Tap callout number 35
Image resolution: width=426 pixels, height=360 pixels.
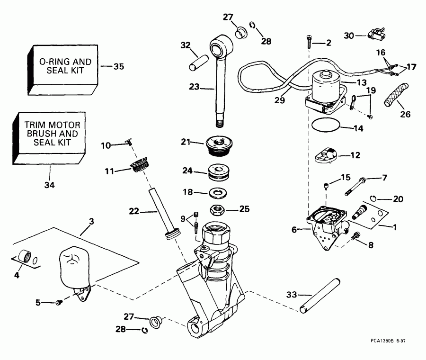click(118, 66)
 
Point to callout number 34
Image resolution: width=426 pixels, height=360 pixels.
click(49, 185)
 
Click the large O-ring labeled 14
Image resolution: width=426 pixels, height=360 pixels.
click(326, 126)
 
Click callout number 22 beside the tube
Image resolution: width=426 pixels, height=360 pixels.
click(134, 211)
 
